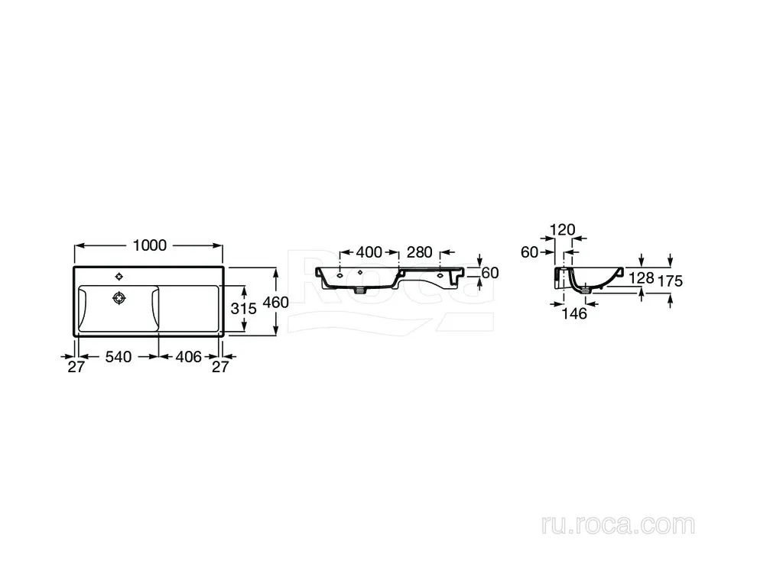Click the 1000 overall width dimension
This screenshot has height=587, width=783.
point(150,245)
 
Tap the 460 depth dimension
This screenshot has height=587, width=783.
point(275,302)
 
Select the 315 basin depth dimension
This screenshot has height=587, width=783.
point(243,309)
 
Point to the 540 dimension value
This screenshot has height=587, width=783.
point(119,356)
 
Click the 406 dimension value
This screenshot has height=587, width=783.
point(188,356)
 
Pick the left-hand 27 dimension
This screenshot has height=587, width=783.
point(76,367)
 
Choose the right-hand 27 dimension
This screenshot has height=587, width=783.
point(220,367)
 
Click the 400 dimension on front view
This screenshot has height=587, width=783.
point(369,252)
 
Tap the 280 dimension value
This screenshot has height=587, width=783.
point(420,252)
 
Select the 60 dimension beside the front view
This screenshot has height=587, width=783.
point(490,273)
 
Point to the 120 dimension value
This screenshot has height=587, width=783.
point(562,229)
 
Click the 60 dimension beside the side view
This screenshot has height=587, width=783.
point(529,252)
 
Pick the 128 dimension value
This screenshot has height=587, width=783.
point(642,277)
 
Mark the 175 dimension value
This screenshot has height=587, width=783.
point(670,281)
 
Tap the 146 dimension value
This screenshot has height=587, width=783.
point(574,313)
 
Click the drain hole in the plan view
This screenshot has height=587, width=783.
point(119,298)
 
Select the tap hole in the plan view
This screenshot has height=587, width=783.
point(119,277)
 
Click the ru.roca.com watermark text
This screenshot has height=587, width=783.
point(618,524)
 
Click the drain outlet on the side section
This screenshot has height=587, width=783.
point(586,289)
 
